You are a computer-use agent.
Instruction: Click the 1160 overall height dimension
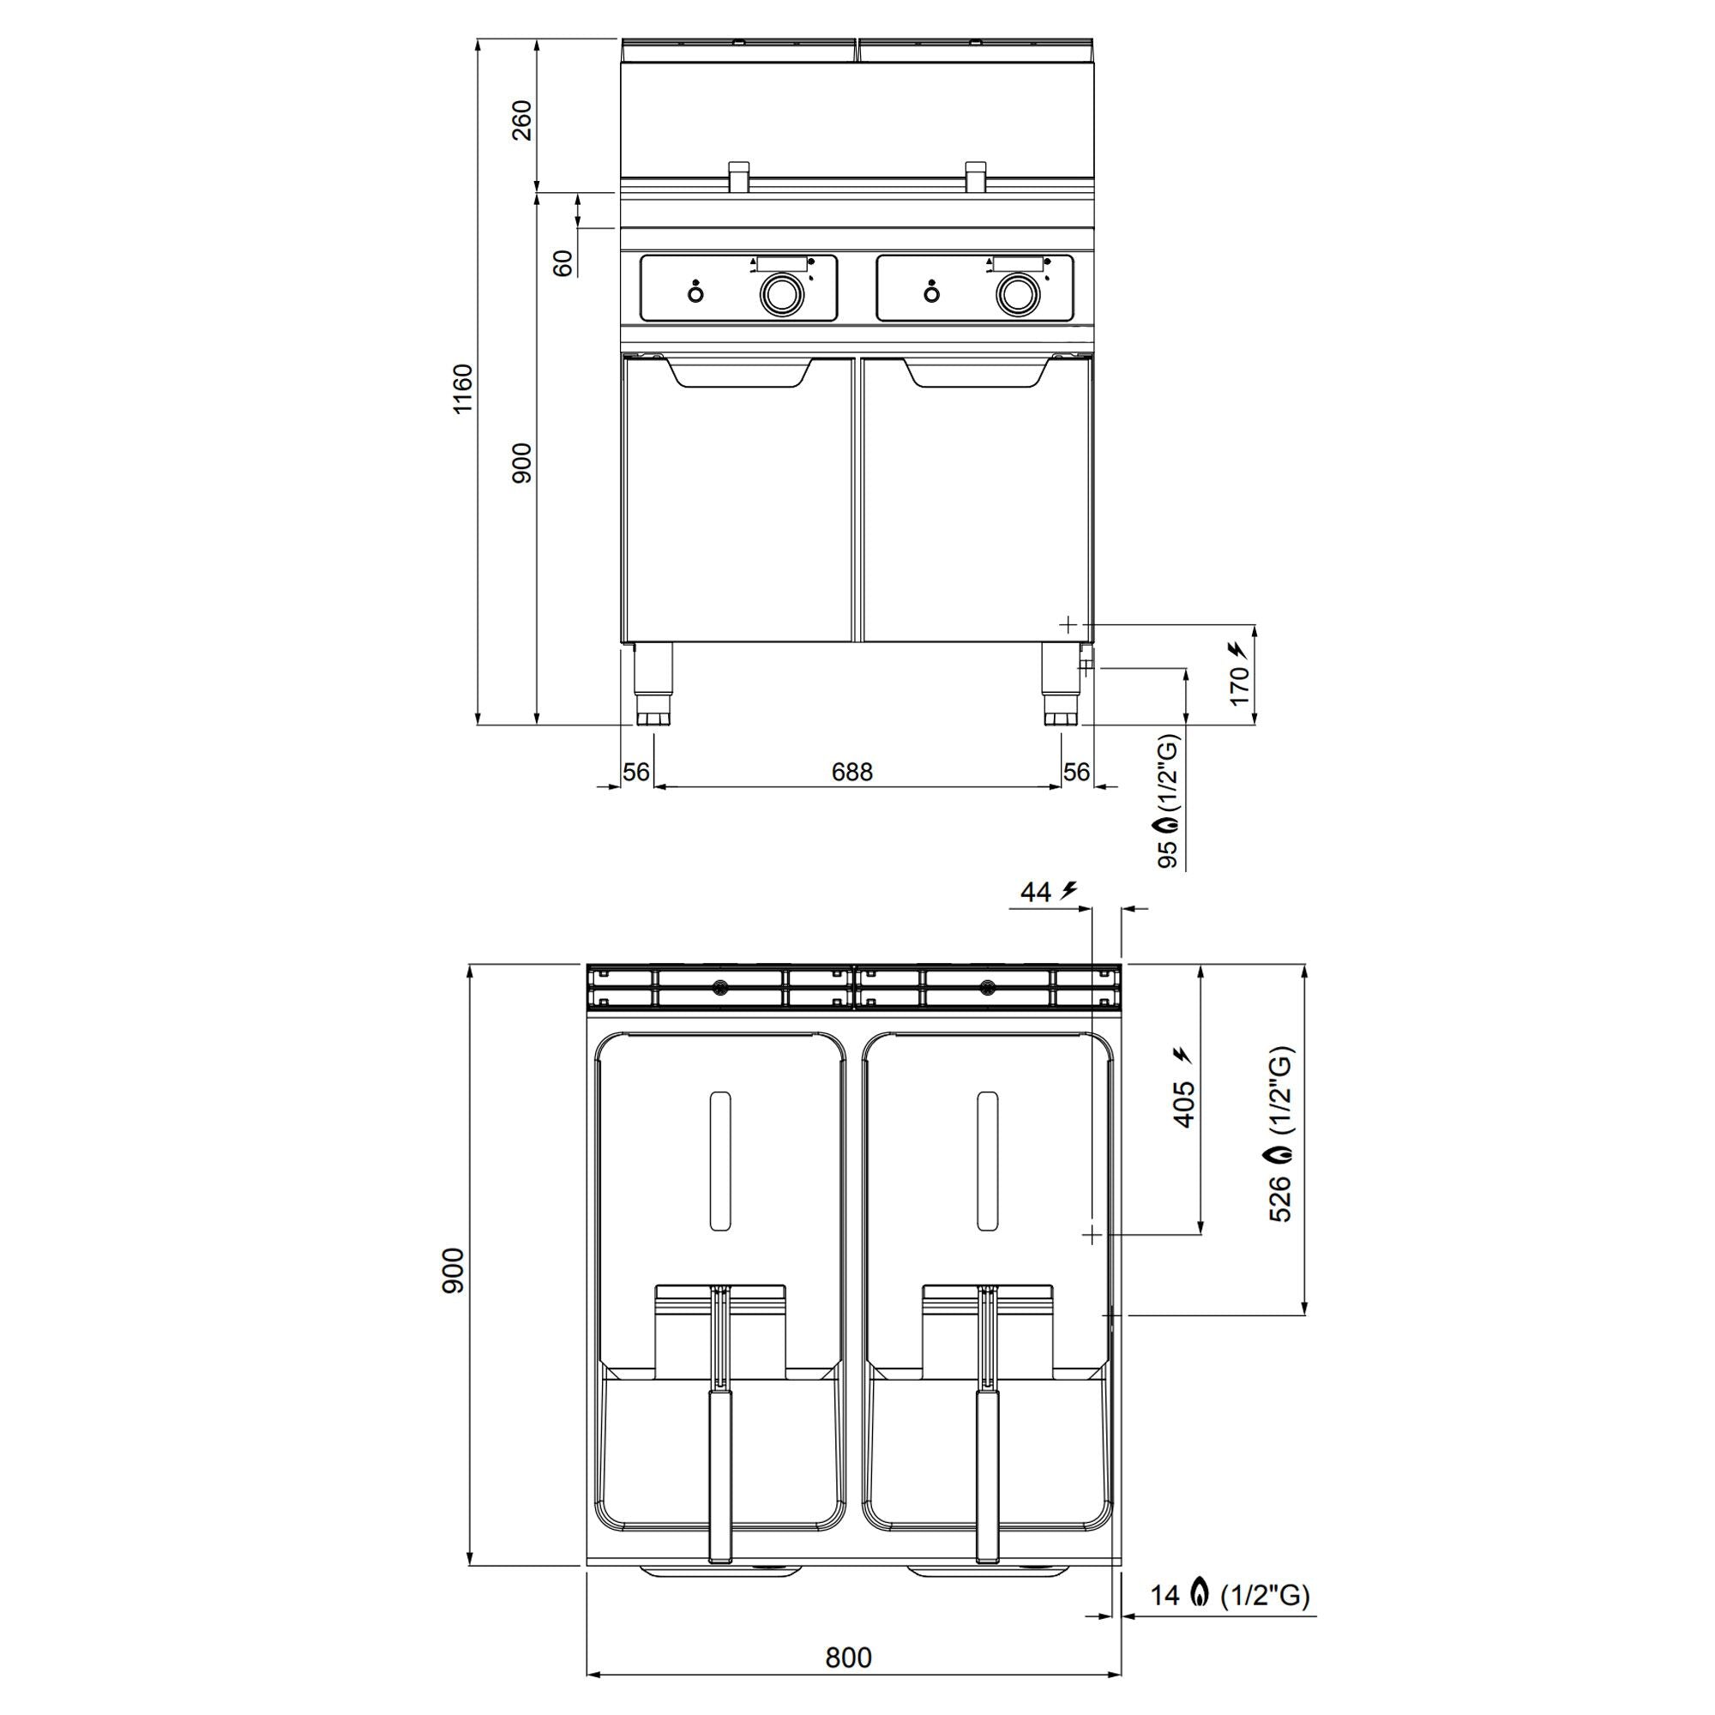[463, 388]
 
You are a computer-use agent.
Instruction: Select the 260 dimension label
[523, 120]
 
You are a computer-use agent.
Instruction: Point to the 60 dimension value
[563, 262]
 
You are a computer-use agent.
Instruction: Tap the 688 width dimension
[851, 773]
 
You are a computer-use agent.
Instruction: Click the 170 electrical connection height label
[1240, 685]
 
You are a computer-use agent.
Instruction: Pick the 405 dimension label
[1184, 1104]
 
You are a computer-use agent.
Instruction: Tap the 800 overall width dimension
[849, 1658]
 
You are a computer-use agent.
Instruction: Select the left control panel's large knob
[779, 294]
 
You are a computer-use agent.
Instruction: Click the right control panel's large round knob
[1015, 294]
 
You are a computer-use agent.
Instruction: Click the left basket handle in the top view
[720, 1474]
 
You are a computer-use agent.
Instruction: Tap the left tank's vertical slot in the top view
[721, 1160]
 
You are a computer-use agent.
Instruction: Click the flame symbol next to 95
[1170, 825]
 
